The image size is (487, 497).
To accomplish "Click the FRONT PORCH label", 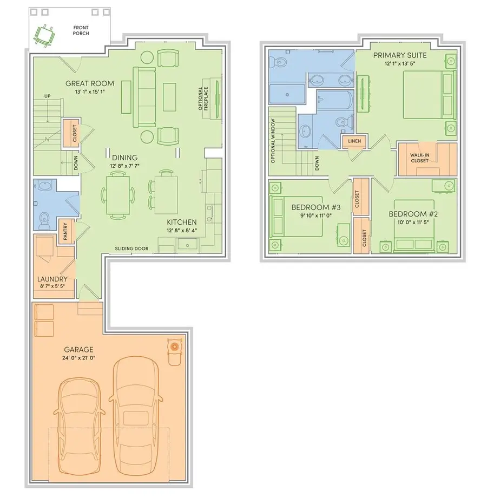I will (x=81, y=30).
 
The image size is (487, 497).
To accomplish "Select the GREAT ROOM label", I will (x=90, y=83).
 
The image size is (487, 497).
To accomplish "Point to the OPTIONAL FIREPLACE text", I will (x=203, y=99).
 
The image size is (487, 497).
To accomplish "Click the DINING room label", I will (x=124, y=158).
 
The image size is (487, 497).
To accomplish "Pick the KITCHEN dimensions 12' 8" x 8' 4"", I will (x=181, y=231).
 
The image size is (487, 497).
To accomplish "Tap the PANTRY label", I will (x=65, y=232).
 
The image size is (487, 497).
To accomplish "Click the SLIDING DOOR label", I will (x=131, y=248).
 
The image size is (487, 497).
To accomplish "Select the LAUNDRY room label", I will (x=52, y=279).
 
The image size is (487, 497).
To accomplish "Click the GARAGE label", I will (x=79, y=350).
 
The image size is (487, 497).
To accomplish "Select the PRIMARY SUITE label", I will (x=399, y=55).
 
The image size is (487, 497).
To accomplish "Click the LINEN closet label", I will (x=354, y=142).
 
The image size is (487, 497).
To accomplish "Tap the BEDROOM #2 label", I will (x=413, y=214).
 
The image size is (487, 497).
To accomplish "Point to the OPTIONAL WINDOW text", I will (x=274, y=141).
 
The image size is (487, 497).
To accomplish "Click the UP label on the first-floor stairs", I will (x=47, y=96).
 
